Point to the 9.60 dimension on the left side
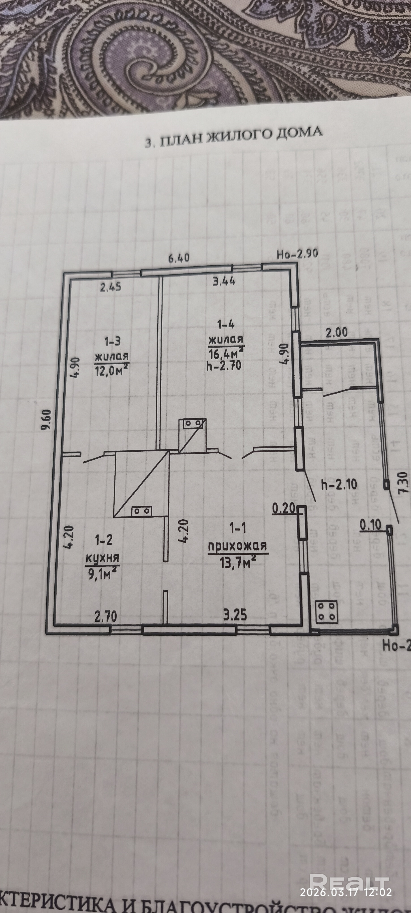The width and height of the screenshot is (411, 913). (46, 419)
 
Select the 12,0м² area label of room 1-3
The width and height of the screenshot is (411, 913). (111, 370)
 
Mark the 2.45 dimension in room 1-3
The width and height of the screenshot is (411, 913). (111, 287)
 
